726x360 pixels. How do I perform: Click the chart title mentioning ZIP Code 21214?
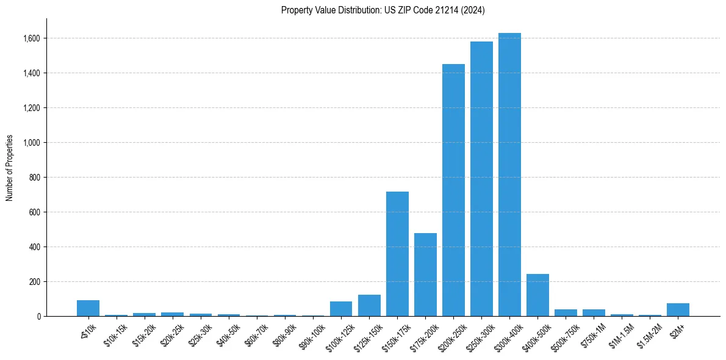[x=383, y=10]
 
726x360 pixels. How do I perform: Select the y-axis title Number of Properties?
[x=10, y=168]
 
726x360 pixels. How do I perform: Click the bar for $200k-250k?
[x=453, y=190]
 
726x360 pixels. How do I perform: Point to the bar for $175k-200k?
[x=425, y=275]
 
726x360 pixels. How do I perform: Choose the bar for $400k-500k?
[x=537, y=295]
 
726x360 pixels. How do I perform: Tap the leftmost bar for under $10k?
[x=88, y=308]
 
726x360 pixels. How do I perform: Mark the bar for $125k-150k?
[x=369, y=306]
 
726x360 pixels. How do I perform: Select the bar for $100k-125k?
[x=341, y=309]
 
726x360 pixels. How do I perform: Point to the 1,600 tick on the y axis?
[x=32, y=38]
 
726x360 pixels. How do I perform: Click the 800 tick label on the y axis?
[x=34, y=178]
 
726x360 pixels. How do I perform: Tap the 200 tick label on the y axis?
[x=34, y=282]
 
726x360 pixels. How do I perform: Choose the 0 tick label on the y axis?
[x=38, y=317]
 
